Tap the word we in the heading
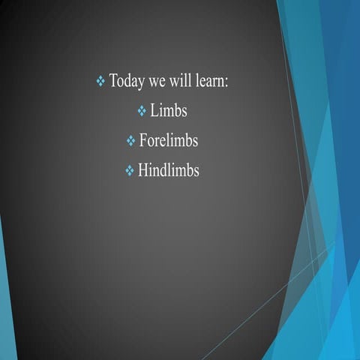click(x=160, y=82)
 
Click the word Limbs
click(x=168, y=111)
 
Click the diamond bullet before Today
click(x=101, y=81)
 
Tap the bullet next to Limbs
click(x=142, y=112)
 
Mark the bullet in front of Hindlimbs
click(x=129, y=172)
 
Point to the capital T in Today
click(x=114, y=80)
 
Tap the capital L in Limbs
click(x=154, y=111)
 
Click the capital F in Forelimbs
click(x=143, y=141)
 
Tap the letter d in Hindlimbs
click(x=163, y=171)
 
